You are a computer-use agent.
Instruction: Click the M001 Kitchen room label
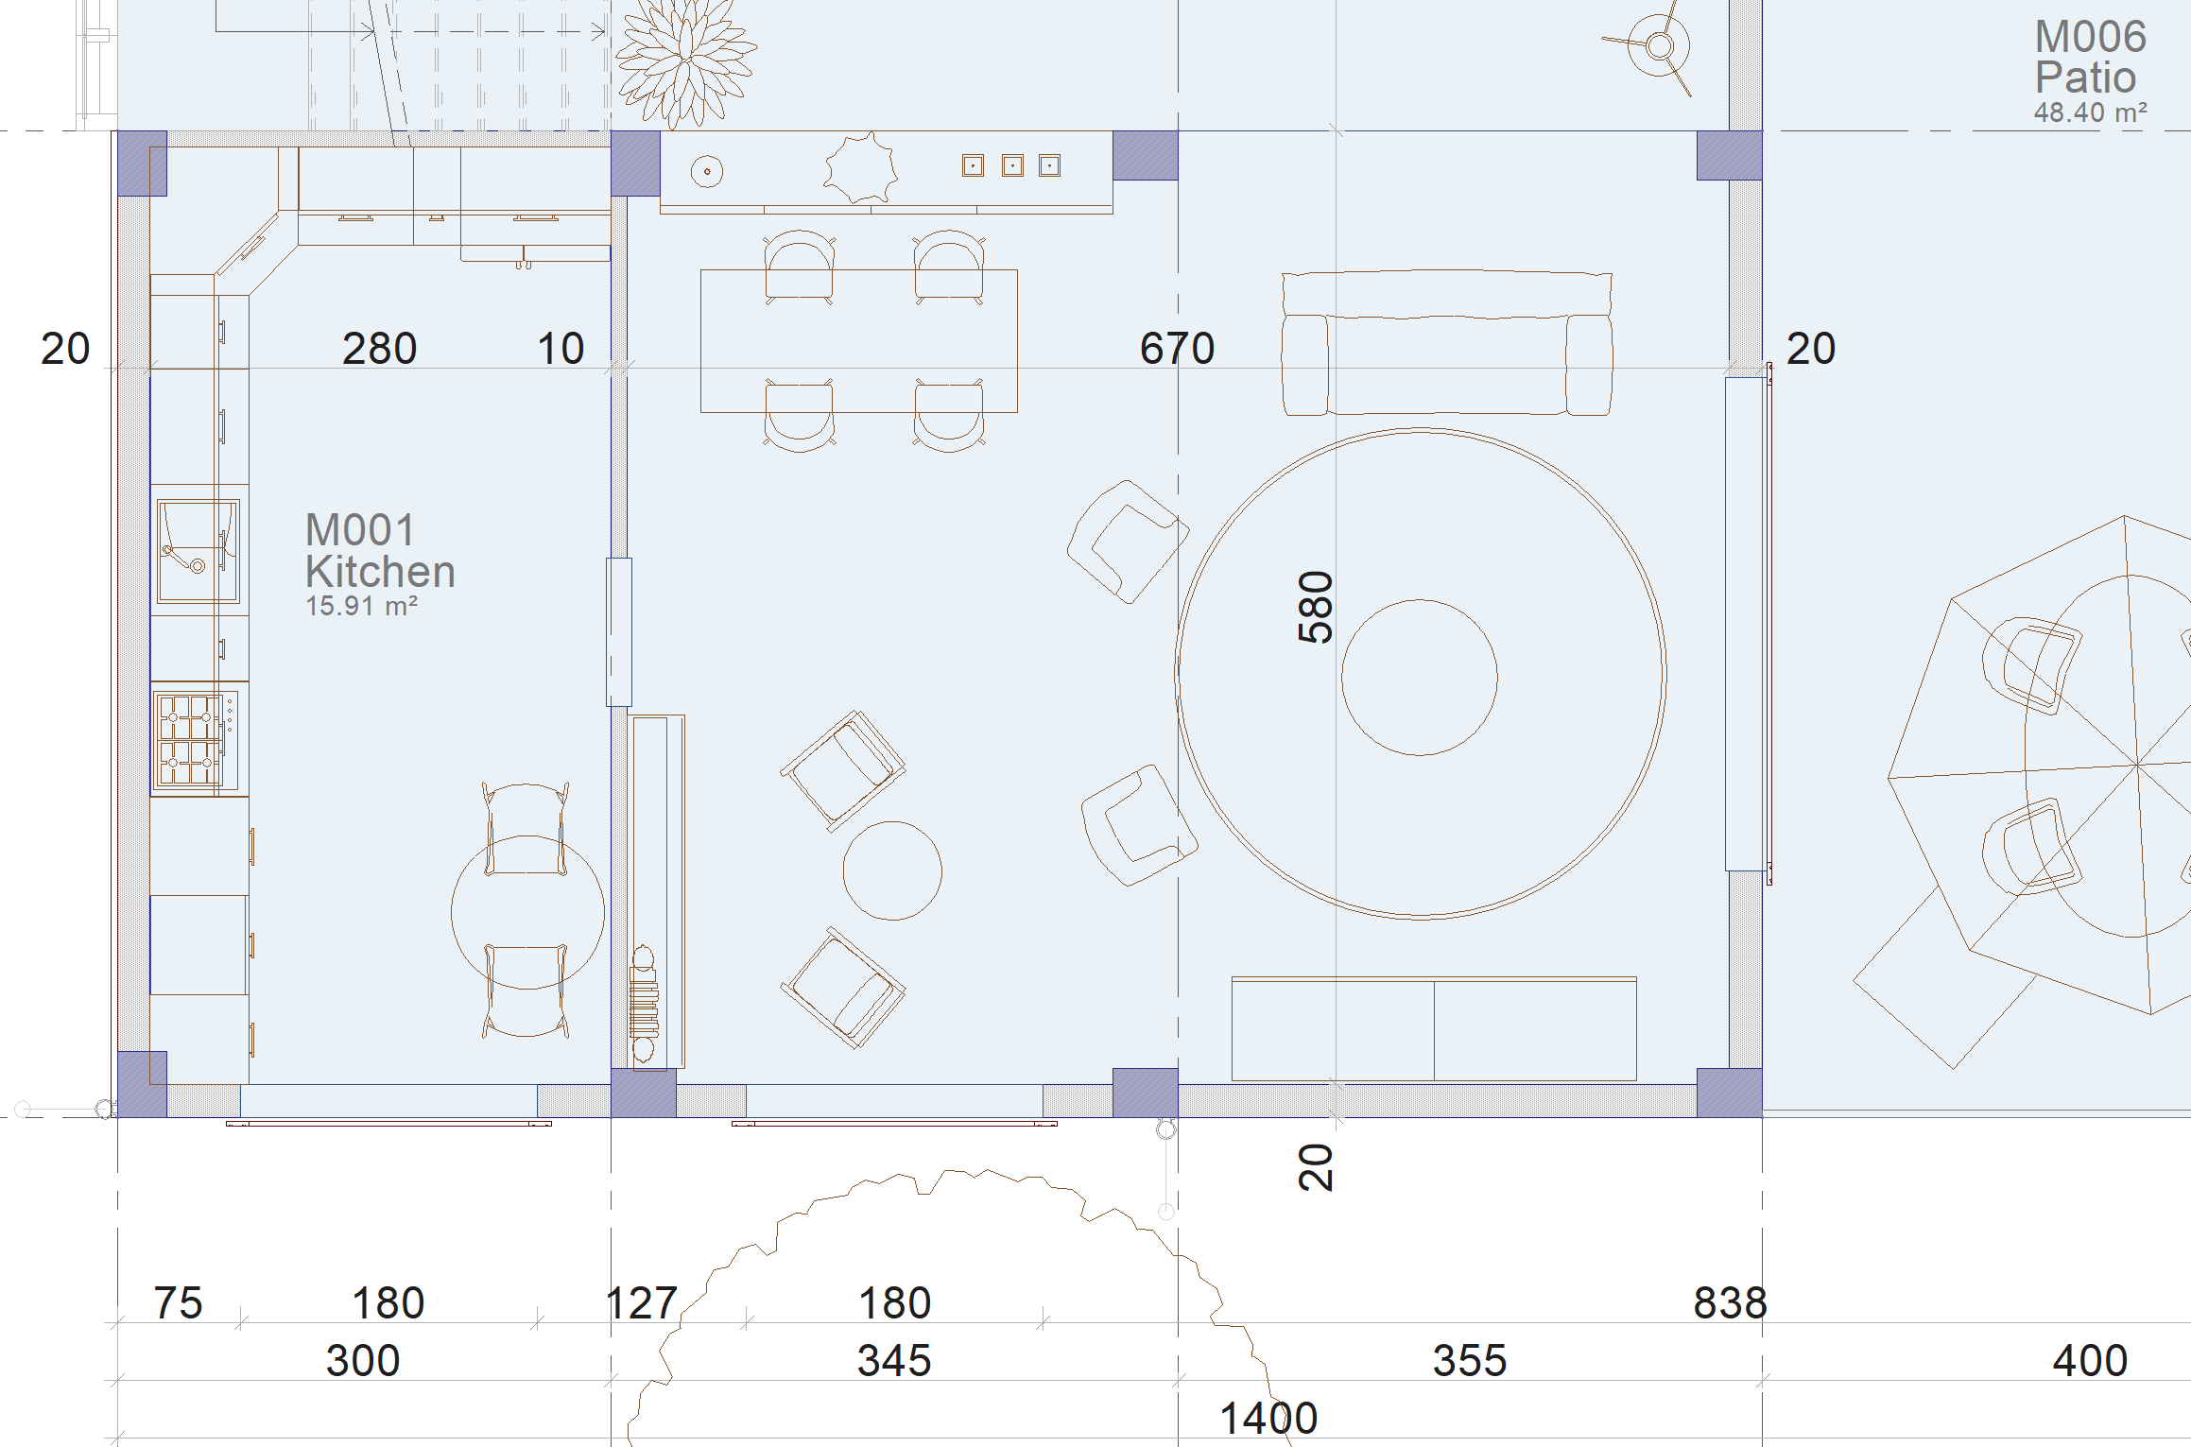(x=380, y=551)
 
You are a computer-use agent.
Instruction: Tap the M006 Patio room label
(x=2090, y=57)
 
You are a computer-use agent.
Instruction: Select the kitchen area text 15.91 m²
(x=361, y=606)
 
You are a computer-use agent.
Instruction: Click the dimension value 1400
(x=1268, y=1418)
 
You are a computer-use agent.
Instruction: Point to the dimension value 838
(x=1730, y=1302)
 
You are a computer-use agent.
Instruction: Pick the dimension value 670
(x=1177, y=348)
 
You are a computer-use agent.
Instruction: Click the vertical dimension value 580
(x=1315, y=608)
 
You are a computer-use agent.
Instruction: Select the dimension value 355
(x=1469, y=1360)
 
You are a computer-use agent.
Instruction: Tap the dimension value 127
(x=641, y=1302)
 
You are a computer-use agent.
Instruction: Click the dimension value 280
(x=379, y=348)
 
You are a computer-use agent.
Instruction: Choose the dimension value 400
(x=2090, y=1360)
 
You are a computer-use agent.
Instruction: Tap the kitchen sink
(x=198, y=551)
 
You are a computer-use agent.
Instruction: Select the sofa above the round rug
(x=1446, y=343)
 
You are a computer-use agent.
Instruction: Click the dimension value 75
(x=178, y=1302)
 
